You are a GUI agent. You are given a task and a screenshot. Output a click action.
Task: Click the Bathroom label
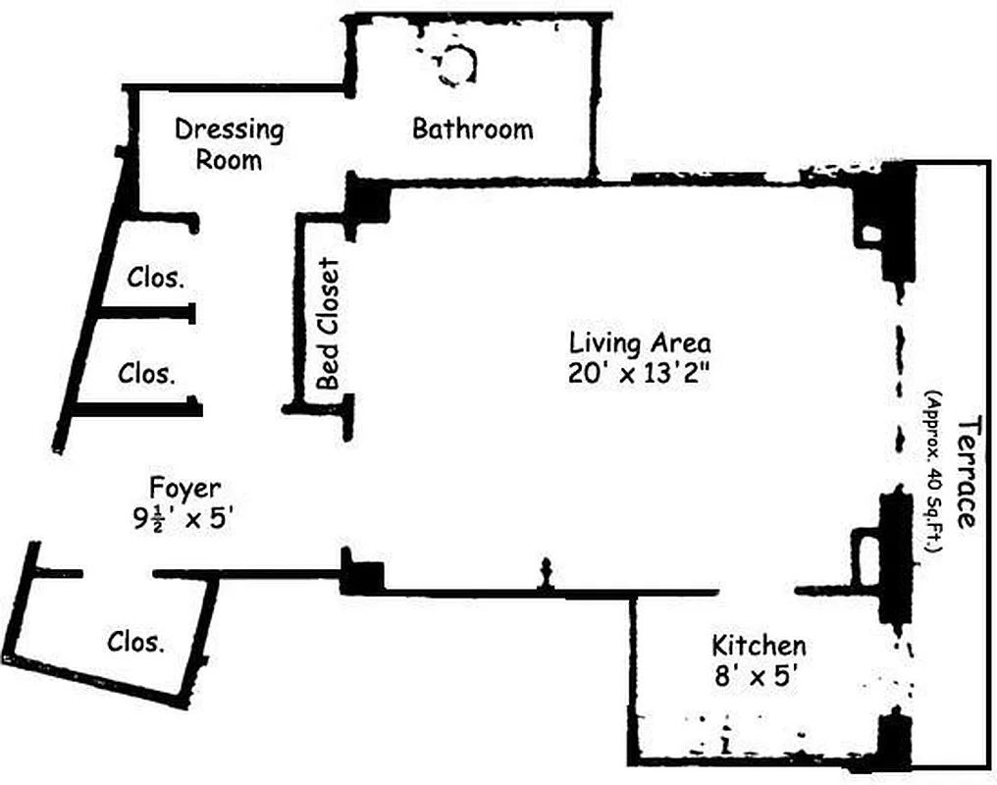coord(472,129)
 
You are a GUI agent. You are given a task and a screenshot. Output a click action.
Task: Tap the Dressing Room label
coord(229,143)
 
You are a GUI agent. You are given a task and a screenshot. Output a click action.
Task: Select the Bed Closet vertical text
coord(328,323)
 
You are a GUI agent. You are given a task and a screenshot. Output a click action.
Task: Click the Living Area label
coord(640,343)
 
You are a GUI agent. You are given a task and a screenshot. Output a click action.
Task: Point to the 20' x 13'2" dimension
coord(640,374)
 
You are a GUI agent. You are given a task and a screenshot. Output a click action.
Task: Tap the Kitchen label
coord(759,646)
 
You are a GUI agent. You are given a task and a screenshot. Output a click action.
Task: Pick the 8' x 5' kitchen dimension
coord(759,676)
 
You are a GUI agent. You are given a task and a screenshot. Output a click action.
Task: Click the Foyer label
coord(184,487)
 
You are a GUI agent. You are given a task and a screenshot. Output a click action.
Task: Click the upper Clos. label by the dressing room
coord(155,278)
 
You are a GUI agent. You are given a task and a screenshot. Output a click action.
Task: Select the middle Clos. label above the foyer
coord(147,373)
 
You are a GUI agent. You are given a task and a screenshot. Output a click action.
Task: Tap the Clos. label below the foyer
coord(135,642)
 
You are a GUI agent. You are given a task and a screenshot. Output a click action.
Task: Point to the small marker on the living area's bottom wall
coord(547,574)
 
